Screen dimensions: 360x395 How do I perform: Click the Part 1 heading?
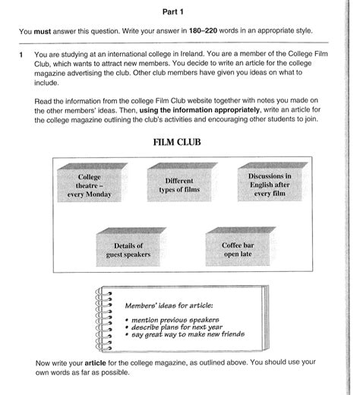tap(179, 12)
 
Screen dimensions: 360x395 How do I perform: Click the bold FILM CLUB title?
tap(179, 142)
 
